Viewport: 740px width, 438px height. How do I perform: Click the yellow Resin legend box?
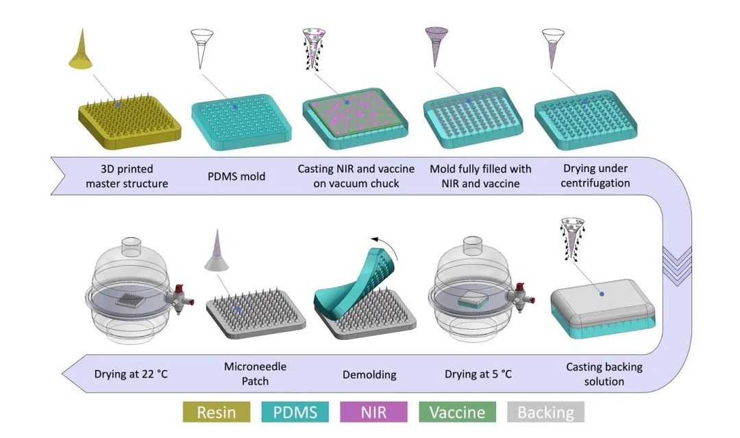[x=217, y=412]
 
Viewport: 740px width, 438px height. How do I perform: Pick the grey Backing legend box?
[x=545, y=412]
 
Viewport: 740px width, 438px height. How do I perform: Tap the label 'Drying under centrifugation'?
[x=587, y=176]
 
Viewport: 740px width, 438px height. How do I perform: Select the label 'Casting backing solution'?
[x=595, y=374]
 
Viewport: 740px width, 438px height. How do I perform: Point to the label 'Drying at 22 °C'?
[x=131, y=374]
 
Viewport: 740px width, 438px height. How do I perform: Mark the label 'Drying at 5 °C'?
[x=478, y=374]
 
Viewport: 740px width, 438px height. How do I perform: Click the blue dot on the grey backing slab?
[x=602, y=294]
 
